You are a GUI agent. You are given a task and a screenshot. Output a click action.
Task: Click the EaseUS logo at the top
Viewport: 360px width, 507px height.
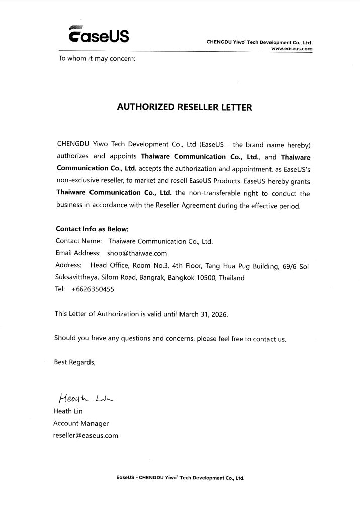click(98, 34)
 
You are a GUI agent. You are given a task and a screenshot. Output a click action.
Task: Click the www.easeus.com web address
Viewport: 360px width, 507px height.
click(292, 49)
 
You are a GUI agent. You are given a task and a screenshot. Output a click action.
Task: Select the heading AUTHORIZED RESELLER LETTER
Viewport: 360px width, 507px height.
click(184, 107)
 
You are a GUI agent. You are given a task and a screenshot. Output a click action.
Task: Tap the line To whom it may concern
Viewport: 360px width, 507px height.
click(97, 58)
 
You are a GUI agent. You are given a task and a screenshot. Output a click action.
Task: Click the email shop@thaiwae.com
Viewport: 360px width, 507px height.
click(137, 253)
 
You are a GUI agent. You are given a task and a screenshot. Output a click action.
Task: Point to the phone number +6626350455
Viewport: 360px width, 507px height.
click(94, 289)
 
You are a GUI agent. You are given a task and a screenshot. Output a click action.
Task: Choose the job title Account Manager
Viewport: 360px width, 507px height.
click(81, 423)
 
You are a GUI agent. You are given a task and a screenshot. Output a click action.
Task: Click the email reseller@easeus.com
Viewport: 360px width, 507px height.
click(85, 435)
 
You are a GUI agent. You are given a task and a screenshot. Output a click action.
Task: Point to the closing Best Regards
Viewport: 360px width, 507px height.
click(74, 362)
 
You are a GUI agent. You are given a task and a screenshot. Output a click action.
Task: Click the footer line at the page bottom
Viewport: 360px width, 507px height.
click(180, 478)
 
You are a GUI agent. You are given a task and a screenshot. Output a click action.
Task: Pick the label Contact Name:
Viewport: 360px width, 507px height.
click(78, 241)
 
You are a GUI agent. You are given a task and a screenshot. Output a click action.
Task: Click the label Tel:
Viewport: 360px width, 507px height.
click(60, 289)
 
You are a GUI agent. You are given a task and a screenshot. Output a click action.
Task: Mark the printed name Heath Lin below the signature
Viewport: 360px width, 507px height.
click(68, 411)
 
